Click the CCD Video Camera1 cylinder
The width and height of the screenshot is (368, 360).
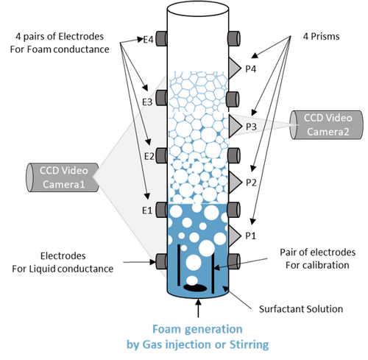tap(63, 176)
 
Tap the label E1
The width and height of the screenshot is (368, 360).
tap(146, 211)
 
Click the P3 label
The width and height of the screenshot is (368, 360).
tap(251, 127)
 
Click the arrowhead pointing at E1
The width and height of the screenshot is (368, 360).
tap(149, 198)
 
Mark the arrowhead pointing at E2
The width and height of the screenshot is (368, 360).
tap(151, 144)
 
